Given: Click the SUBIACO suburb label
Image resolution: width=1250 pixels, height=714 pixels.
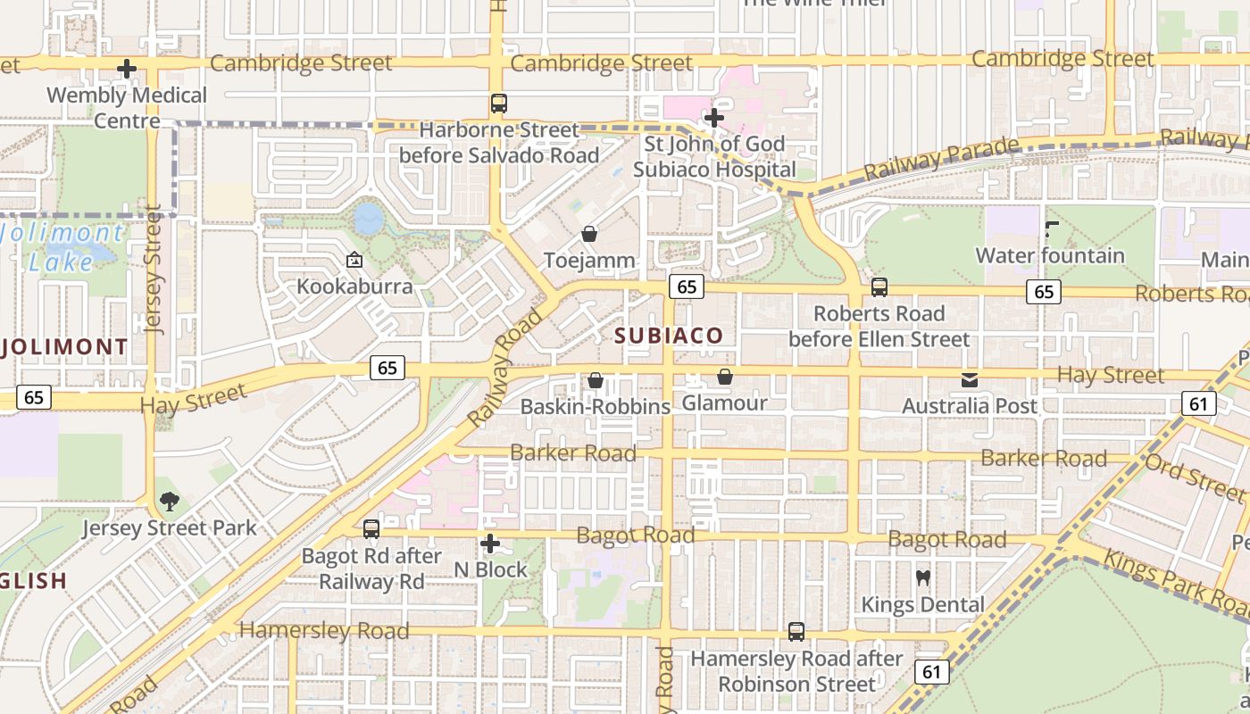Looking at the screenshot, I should (x=669, y=336).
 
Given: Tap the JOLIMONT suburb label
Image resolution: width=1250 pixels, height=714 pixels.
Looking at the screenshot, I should (x=64, y=346).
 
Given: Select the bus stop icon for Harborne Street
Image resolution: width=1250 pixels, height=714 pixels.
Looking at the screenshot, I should (x=498, y=104).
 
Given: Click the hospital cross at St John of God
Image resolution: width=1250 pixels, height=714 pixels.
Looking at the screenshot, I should (x=713, y=117).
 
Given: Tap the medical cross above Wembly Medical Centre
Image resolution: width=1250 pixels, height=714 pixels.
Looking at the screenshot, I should (x=127, y=69).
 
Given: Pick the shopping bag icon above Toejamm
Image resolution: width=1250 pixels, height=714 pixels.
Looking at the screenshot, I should (x=589, y=234).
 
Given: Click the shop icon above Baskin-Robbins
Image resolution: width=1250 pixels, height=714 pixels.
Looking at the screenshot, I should (x=595, y=380).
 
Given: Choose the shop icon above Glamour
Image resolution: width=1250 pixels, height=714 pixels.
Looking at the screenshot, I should (x=724, y=377).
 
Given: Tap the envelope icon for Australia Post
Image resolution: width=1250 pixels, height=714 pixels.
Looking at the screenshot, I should (x=969, y=380).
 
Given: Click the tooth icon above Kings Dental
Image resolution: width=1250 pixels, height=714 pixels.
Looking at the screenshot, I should (x=923, y=577).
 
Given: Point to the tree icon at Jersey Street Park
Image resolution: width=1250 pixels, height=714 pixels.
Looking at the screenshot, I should (x=168, y=502).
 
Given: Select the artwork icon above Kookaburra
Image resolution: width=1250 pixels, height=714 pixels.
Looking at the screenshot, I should (x=354, y=261).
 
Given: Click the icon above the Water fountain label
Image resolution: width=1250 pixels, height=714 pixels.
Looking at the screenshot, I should (x=1050, y=229).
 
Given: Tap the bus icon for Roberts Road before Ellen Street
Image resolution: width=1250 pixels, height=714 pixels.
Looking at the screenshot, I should (x=879, y=287).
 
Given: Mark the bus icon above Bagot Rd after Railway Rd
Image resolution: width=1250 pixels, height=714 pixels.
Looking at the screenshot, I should (x=371, y=529).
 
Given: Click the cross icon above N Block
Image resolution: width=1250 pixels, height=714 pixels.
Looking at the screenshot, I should (x=489, y=543).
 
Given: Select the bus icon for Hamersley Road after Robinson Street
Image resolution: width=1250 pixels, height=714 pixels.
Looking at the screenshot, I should (x=796, y=632).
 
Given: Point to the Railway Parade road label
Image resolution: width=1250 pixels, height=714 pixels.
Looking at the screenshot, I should (x=941, y=157).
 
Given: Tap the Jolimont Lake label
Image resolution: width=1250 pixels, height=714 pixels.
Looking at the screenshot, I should (x=62, y=248).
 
